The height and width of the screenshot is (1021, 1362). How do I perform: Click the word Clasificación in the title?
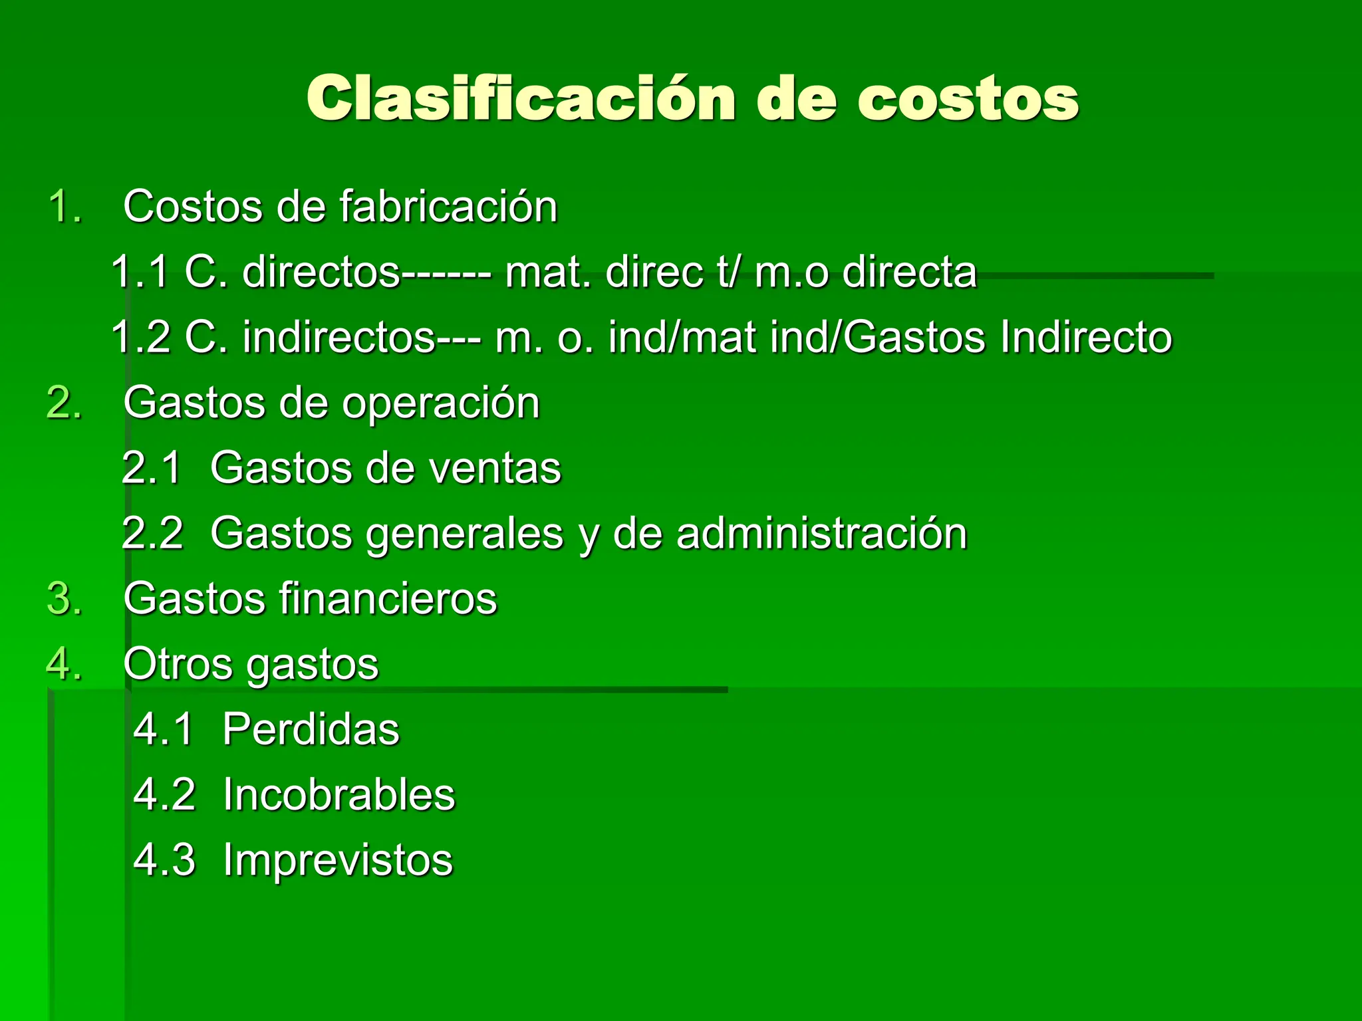click(x=520, y=98)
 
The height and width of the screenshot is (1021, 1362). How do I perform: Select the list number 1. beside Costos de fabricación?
click(x=66, y=206)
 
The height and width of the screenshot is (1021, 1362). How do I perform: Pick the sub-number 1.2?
click(x=140, y=336)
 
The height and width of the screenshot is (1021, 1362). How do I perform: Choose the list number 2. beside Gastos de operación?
click(x=65, y=402)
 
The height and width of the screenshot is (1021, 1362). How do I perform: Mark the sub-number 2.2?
click(x=152, y=532)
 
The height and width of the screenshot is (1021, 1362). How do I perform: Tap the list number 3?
click(x=65, y=598)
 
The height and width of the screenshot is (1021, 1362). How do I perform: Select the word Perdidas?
click(x=311, y=729)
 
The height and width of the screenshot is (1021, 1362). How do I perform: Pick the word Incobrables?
click(x=339, y=794)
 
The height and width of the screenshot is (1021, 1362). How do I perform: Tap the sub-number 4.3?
click(x=164, y=859)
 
